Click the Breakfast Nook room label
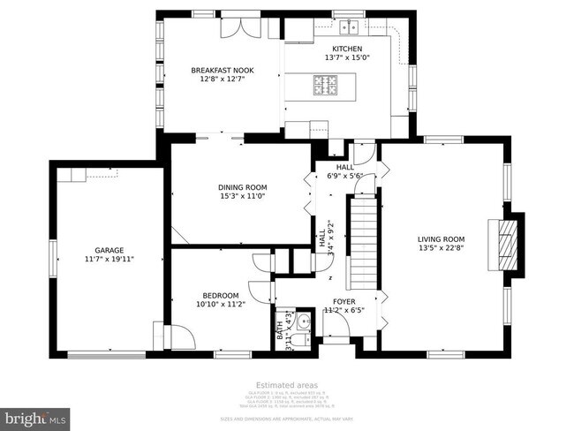pyautogui.click(x=217, y=69)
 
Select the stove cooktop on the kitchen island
pyautogui.click(x=323, y=85)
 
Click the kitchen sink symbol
pyautogui.click(x=351, y=26)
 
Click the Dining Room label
pyautogui.click(x=242, y=187)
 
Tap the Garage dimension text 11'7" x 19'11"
pyautogui.click(x=110, y=260)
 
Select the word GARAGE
pyautogui.click(x=110, y=250)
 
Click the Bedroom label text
pyautogui.click(x=220, y=295)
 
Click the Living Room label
pyautogui.click(x=442, y=238)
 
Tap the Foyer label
pyautogui.click(x=344, y=301)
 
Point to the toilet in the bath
pyautogui.click(x=303, y=321)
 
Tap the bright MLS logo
pyautogui.click(x=36, y=415)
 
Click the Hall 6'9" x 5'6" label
pyautogui.click(x=344, y=171)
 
